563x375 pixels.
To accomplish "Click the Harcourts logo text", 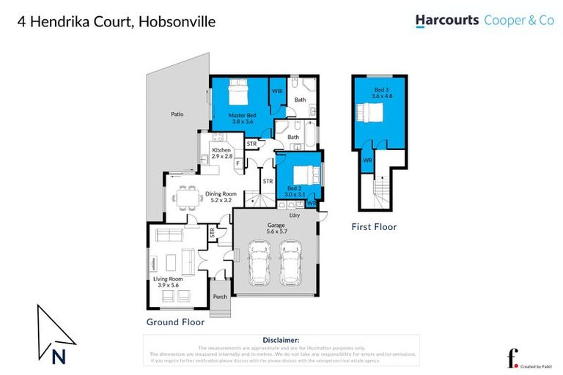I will tap(447, 21).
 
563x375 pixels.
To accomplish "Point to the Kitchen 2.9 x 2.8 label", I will tap(221, 153).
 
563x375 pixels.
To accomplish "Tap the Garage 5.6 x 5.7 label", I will tap(276, 227).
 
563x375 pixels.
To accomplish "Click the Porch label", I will tap(219, 297).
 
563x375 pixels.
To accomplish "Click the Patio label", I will tap(177, 114).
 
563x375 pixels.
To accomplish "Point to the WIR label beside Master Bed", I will tap(277, 91).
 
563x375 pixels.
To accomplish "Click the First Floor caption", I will tap(373, 227).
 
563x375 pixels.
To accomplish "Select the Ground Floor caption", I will tap(174, 322).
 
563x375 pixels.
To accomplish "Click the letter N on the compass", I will tap(57, 357).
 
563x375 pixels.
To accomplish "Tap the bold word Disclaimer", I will tap(281, 341).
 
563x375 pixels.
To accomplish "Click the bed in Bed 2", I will tap(302, 176).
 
